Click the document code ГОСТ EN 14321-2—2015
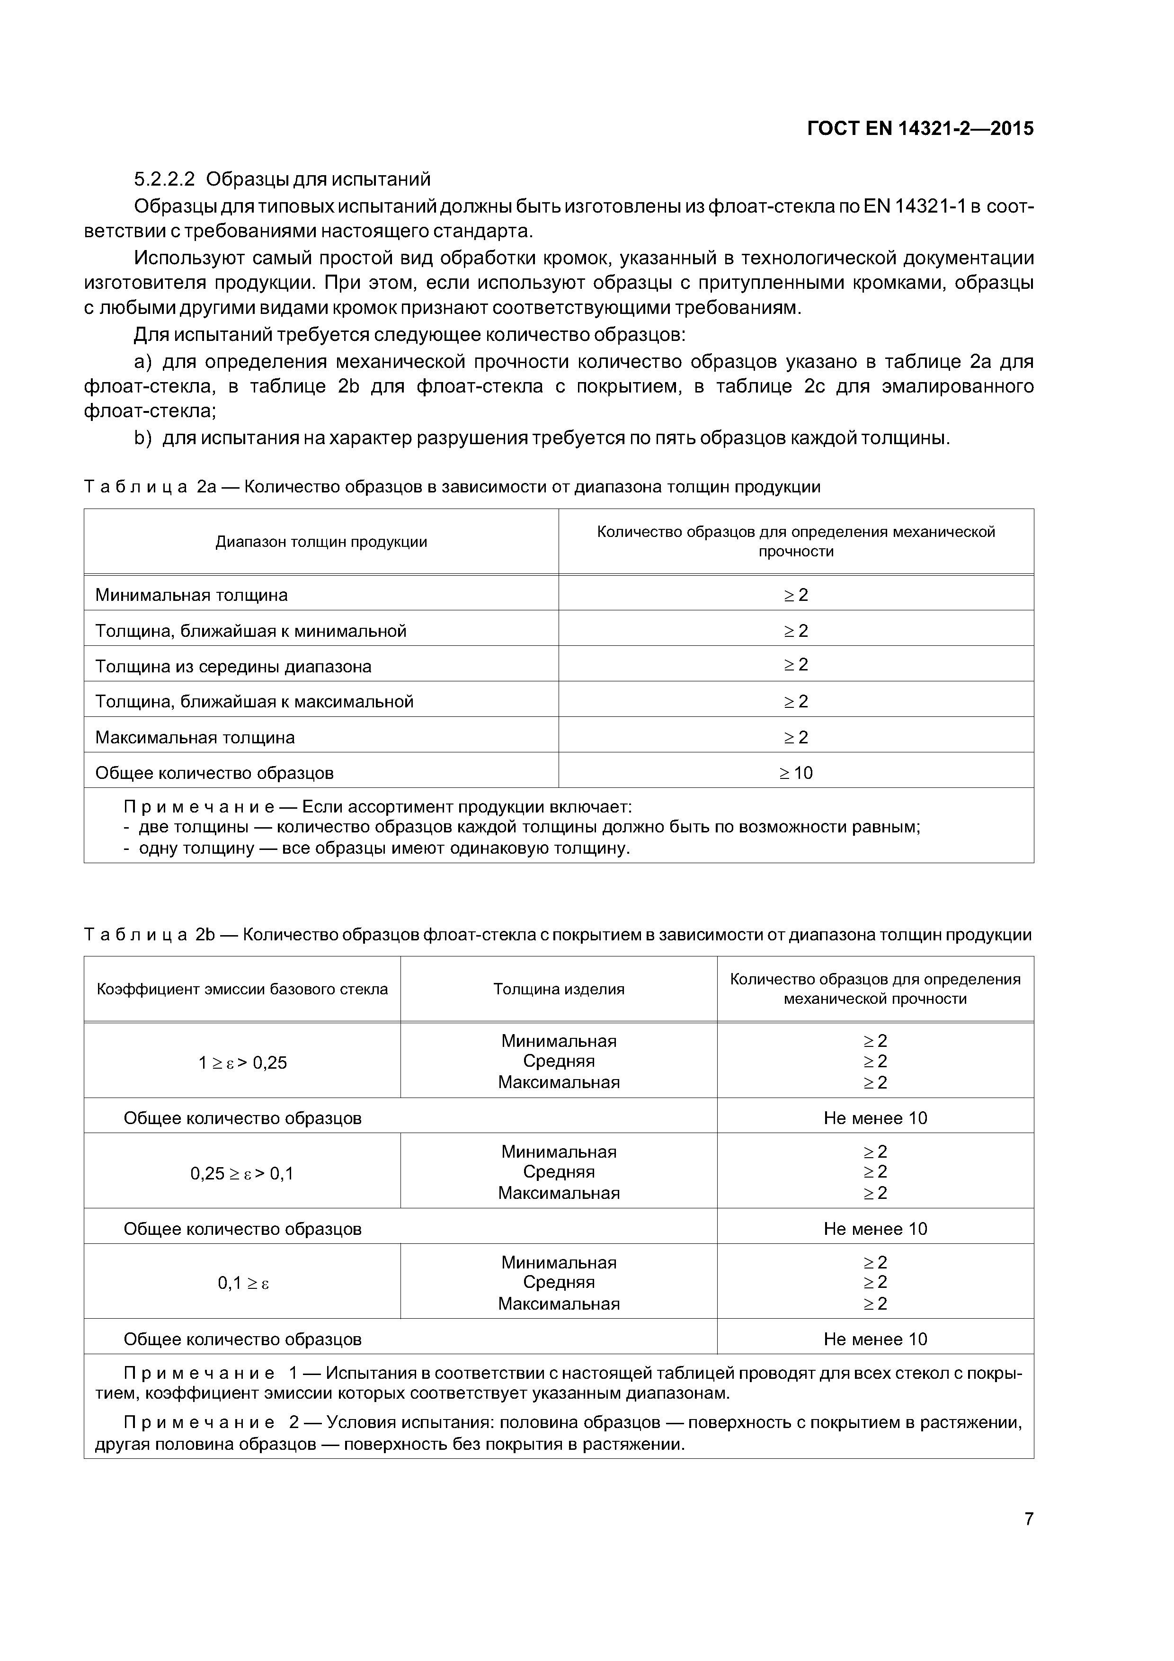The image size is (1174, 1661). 920,129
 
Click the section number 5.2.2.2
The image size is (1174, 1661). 164,179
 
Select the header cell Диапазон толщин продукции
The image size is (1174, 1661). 321,542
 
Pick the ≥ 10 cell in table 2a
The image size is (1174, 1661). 796,773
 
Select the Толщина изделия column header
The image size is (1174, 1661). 559,989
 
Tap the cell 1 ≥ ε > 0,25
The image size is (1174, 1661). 242,1062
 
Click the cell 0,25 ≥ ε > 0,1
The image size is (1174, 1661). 242,1173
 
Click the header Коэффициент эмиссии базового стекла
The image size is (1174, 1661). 242,989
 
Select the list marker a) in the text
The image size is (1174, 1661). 142,362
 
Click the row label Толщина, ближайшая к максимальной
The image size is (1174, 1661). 254,701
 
